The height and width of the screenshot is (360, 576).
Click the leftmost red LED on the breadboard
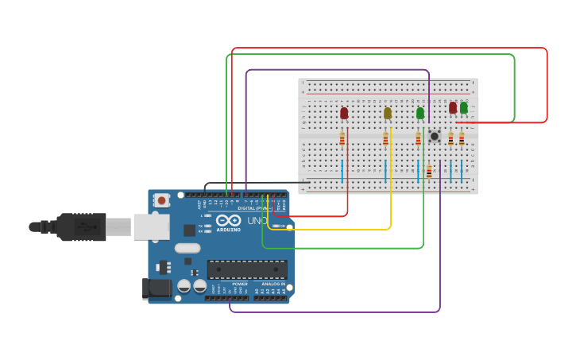(x=344, y=114)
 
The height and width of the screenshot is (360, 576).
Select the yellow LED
(x=388, y=114)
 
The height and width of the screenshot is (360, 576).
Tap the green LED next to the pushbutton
(x=420, y=114)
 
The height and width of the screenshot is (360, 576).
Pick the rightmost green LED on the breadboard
(x=464, y=107)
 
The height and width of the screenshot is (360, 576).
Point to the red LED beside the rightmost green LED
(x=453, y=107)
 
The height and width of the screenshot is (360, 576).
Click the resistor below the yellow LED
(x=385, y=140)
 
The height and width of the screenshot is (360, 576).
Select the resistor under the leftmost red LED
(x=342, y=140)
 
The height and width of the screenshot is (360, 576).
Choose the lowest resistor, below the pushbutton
(x=429, y=171)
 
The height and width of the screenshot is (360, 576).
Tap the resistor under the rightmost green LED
(x=462, y=140)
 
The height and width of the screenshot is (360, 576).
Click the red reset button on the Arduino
(x=161, y=200)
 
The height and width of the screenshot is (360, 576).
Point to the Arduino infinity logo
(x=228, y=221)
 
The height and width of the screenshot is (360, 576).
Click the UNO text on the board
(x=257, y=221)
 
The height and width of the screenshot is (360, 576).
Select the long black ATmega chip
(x=247, y=269)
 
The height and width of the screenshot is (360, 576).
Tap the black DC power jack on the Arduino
(x=157, y=288)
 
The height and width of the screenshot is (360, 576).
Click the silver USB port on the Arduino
(x=150, y=226)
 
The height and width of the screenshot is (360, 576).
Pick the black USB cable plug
(x=81, y=226)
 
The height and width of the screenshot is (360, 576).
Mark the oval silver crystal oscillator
(x=187, y=248)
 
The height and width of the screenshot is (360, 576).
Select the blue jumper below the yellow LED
(x=385, y=170)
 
